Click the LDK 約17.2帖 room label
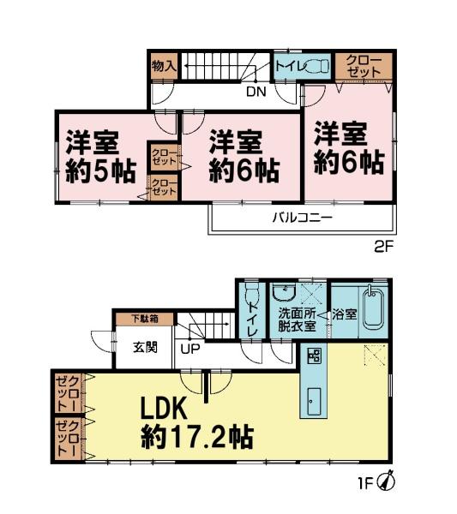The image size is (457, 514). click(x=195, y=424)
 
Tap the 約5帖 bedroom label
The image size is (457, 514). click(x=100, y=155)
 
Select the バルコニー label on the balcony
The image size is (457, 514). click(x=302, y=218)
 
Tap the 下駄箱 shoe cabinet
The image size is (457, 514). click(x=144, y=319)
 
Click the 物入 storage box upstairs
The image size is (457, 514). click(x=163, y=66)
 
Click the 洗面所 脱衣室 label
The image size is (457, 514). click(x=296, y=319)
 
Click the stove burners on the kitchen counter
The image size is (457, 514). click(x=312, y=356)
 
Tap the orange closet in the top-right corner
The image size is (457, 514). click(x=364, y=66)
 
